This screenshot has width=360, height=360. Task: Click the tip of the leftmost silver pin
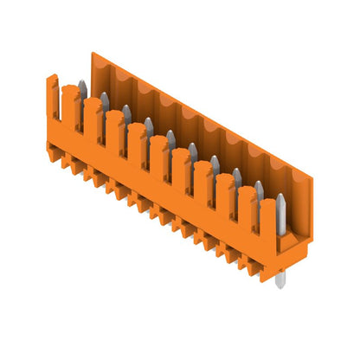click(82, 83)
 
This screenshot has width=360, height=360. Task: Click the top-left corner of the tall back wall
click(92, 54)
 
